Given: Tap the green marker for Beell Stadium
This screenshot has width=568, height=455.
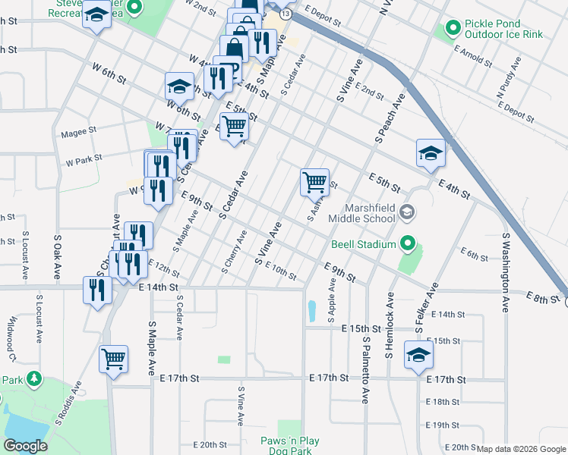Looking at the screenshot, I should pos(409,244).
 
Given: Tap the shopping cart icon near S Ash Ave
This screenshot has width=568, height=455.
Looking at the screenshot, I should pos(314,182).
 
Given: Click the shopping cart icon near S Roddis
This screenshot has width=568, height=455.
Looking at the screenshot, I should pos(114,358).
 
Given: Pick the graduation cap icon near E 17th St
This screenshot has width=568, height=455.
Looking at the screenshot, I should pos(418,354).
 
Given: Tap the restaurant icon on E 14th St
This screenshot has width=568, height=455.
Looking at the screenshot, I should pos(97,289).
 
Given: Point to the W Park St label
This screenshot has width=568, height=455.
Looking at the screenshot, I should pos(84,161).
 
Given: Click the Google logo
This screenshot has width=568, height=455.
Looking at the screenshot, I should pos(25,446).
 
